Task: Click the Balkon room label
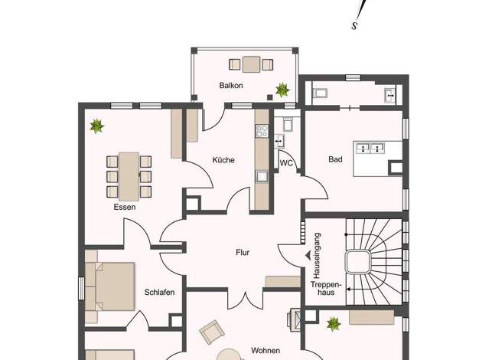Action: click(x=231, y=85)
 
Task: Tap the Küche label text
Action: click(x=223, y=160)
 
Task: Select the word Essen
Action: click(x=124, y=207)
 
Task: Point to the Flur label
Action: click(x=243, y=252)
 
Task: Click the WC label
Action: click(x=286, y=163)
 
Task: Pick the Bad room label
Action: click(x=335, y=159)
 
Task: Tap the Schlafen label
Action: click(x=159, y=292)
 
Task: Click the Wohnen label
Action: click(x=266, y=350)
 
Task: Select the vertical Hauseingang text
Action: click(x=317, y=256)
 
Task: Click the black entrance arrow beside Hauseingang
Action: click(x=308, y=255)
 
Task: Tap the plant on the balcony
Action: click(x=282, y=90)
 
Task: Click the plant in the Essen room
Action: click(x=97, y=126)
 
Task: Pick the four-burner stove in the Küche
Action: click(x=262, y=131)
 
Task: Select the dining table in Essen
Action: click(x=129, y=176)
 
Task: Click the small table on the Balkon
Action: click(x=251, y=64)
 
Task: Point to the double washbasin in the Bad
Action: click(x=371, y=148)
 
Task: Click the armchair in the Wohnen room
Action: click(x=212, y=332)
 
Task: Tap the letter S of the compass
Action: click(x=354, y=26)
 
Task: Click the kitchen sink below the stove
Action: click(x=262, y=177)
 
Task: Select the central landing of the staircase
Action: click(x=358, y=261)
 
